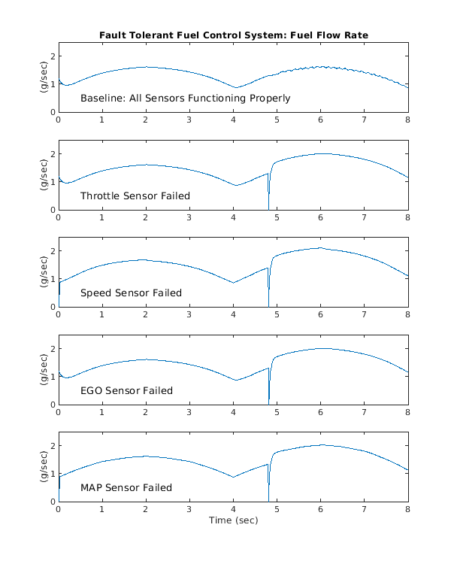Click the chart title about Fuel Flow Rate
233,35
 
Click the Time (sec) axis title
233,520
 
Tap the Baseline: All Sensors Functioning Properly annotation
185,99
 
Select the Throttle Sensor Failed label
135,196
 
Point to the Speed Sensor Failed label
131,293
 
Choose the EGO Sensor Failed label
126,390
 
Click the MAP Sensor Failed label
126,487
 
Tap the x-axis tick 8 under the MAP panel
408,509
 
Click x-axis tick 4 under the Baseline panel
234,120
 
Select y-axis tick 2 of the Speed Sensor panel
52,251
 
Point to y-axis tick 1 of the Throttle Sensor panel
52,182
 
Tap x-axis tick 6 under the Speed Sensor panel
321,314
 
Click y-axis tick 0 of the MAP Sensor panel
52,502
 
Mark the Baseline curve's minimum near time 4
236,88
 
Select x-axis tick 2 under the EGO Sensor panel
146,412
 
